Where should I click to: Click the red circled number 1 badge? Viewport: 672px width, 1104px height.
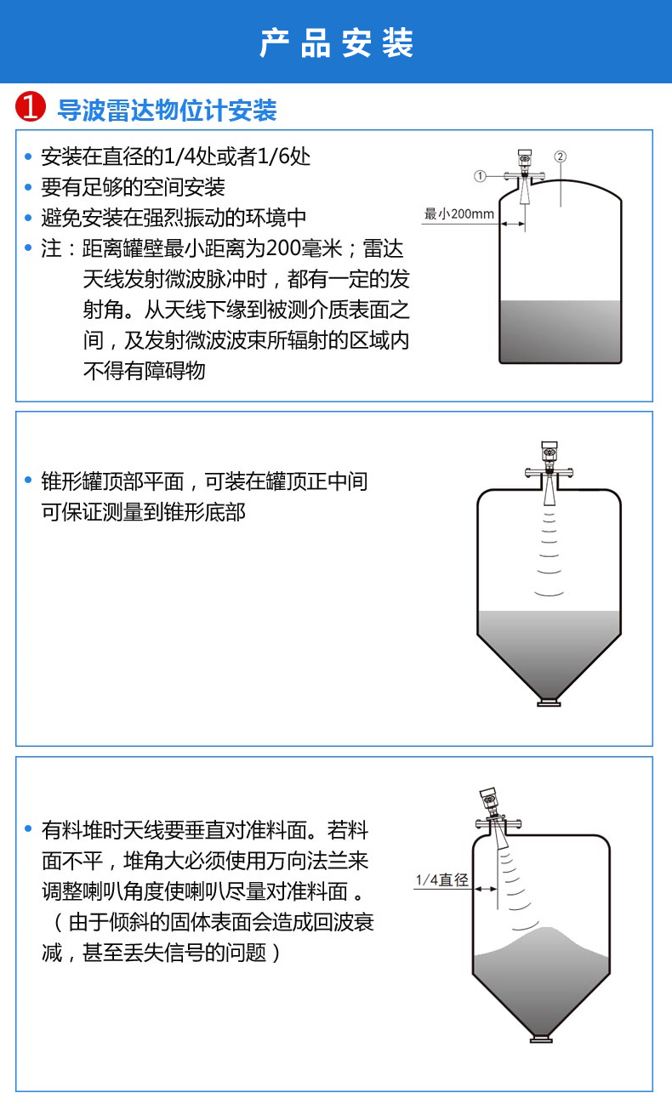(x=30, y=106)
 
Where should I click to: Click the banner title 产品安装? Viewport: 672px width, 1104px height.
(x=336, y=43)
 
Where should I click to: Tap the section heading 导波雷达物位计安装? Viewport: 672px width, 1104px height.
(x=167, y=110)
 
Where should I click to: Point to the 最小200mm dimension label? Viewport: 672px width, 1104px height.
(x=458, y=213)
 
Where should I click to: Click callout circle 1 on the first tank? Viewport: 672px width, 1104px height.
(x=480, y=176)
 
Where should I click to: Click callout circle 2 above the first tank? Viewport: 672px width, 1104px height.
(x=560, y=156)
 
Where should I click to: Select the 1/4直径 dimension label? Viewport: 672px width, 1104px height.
(x=442, y=879)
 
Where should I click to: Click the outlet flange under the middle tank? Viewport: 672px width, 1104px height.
(x=549, y=703)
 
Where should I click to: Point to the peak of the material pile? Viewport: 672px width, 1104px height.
(x=546, y=928)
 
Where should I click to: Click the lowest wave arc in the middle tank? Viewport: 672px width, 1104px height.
(x=550, y=594)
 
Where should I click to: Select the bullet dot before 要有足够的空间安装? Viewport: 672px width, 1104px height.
(x=28, y=187)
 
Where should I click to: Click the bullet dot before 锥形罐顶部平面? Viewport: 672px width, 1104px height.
(x=28, y=480)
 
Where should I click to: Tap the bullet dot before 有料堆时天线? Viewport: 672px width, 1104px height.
(x=28, y=828)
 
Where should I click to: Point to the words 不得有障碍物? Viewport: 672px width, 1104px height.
(x=144, y=371)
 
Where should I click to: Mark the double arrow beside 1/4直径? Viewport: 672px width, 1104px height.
(x=486, y=889)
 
